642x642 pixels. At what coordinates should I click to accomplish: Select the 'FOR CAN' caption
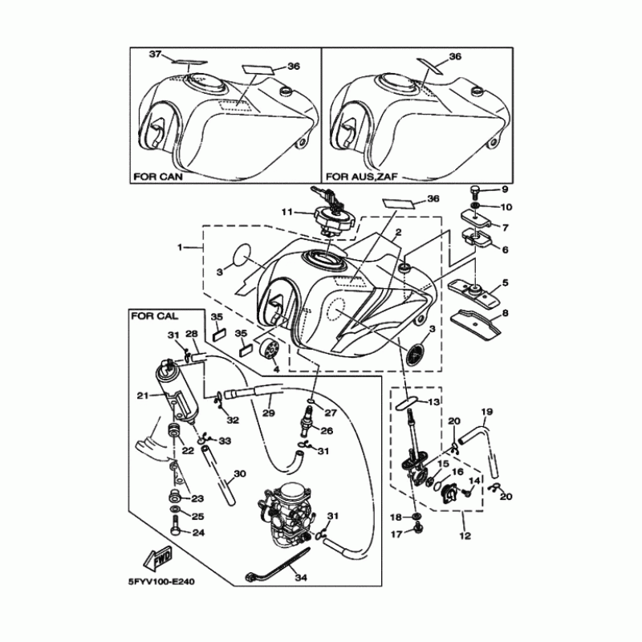[160, 174]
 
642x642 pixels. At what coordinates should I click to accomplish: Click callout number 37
[156, 55]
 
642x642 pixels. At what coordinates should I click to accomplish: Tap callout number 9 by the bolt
[505, 189]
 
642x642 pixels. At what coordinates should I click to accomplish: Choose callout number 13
[433, 401]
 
